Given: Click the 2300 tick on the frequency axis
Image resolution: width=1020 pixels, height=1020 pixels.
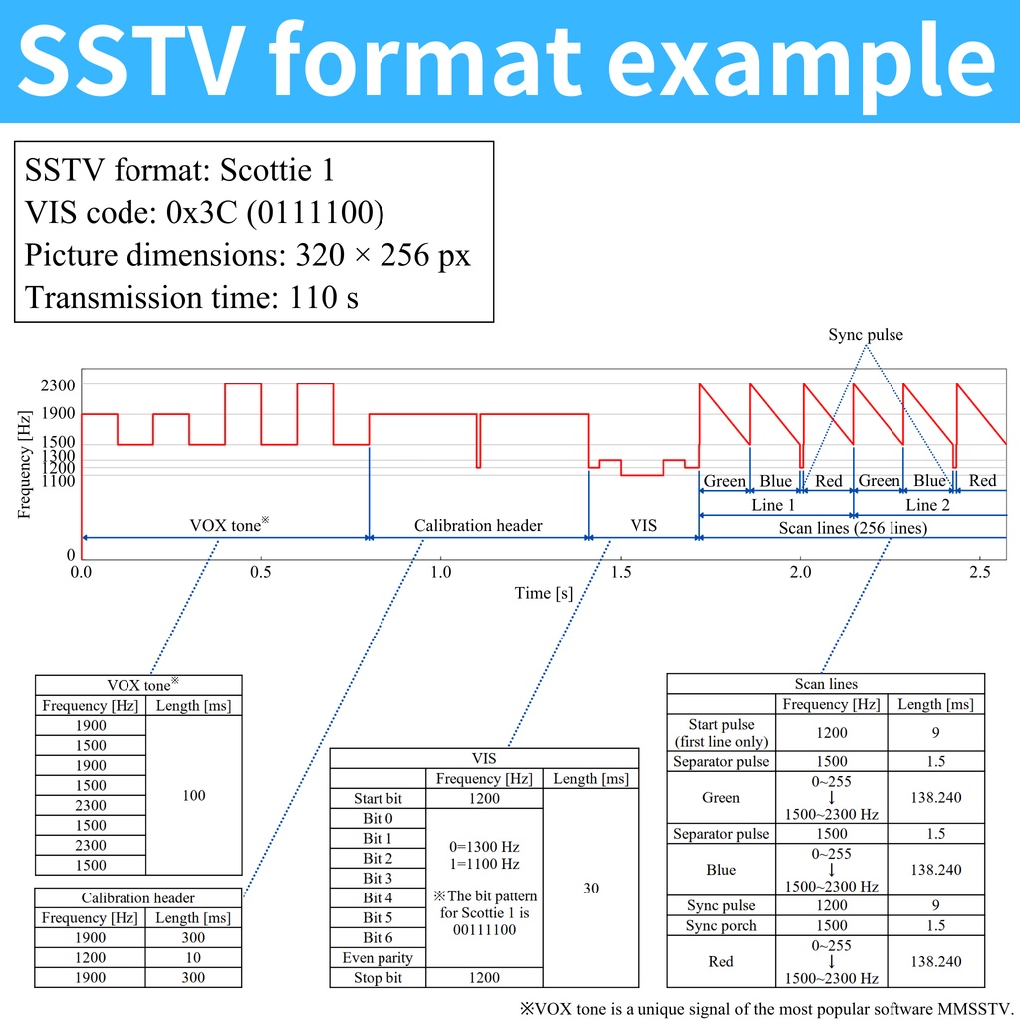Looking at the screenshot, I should point(59,383).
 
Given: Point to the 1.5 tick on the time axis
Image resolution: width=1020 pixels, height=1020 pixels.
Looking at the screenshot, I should point(621,572).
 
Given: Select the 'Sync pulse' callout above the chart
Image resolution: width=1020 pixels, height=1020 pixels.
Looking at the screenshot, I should point(865,335).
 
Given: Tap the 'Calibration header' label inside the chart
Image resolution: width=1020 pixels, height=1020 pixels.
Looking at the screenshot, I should point(478,525).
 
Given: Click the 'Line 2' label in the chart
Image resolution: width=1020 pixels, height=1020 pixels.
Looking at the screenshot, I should point(926,505).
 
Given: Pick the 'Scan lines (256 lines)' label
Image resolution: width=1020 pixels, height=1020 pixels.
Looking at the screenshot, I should point(852,528).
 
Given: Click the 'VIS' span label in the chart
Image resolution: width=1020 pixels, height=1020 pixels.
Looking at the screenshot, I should point(643,525).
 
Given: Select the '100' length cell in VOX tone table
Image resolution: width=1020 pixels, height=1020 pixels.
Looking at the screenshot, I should point(194,795).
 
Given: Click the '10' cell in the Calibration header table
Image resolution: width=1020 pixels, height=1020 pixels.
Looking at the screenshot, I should point(193,957).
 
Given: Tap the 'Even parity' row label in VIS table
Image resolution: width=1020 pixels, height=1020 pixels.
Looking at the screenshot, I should point(378,958).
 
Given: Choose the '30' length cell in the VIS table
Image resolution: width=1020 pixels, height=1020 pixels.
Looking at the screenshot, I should point(591,888).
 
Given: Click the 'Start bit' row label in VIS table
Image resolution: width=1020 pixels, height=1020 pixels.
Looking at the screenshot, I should point(378,798).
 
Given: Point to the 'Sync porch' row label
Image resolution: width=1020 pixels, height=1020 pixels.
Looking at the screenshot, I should point(721,925).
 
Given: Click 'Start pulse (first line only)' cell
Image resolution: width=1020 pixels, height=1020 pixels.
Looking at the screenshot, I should point(721,732).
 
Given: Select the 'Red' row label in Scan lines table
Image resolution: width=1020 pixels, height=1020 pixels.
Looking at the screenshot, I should point(721,961).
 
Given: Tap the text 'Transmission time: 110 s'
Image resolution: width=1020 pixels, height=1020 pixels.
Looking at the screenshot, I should point(191,297).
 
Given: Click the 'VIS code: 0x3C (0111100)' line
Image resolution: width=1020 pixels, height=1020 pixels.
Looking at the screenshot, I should point(204,213).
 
